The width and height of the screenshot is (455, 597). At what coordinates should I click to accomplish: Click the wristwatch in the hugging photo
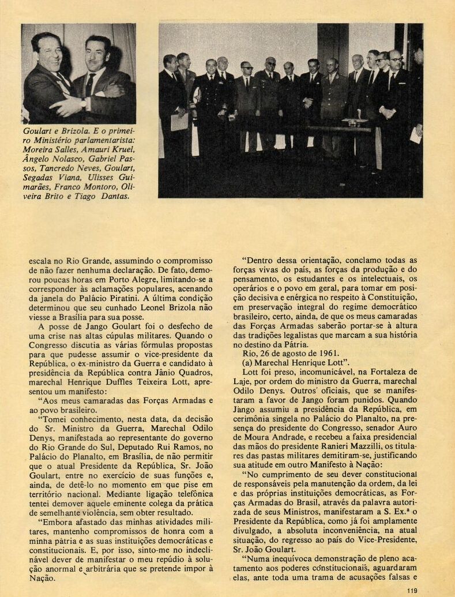tap(85, 105)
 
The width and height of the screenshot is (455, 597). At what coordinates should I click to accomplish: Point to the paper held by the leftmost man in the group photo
tap(179, 121)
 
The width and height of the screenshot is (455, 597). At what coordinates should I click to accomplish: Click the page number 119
tap(411, 590)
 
